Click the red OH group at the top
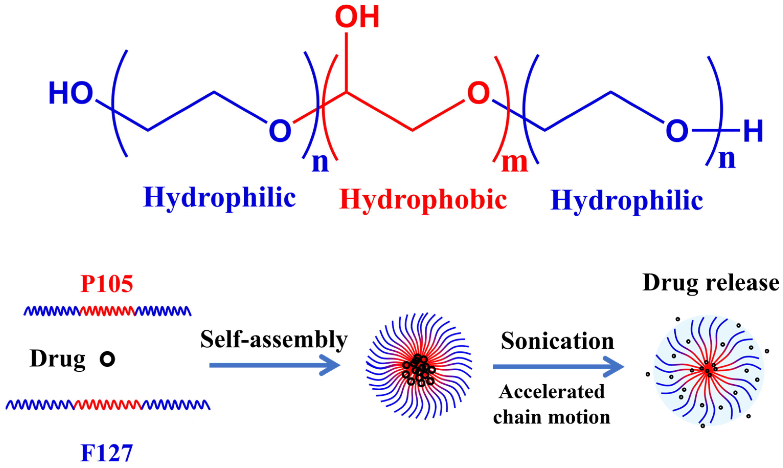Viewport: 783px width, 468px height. (357, 17)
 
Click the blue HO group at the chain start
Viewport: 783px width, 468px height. (71, 93)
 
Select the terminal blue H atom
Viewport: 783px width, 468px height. (753, 131)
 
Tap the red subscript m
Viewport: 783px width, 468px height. (514, 163)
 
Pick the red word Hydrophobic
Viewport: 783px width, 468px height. (423, 200)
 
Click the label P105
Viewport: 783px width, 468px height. (107, 284)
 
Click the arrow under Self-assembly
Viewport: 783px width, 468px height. (274, 365)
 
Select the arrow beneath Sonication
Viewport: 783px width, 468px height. (558, 366)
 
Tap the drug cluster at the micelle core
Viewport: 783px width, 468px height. (419, 370)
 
